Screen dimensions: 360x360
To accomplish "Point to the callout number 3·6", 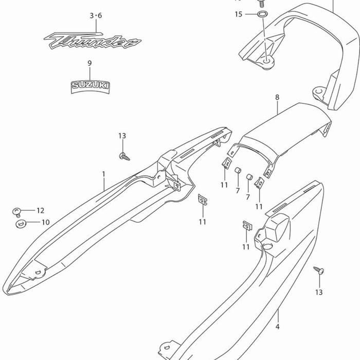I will coord(96,16).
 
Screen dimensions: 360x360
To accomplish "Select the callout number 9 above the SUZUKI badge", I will coord(89,63).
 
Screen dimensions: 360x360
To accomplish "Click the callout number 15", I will coord(238,14).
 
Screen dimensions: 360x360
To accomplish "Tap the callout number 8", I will coord(277,97).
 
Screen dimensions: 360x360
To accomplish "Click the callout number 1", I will coord(103,174).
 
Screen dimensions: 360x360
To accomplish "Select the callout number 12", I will coord(40,210).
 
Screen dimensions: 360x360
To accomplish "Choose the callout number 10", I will coord(45,223).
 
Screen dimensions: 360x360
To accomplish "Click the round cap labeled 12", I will coord(17,211).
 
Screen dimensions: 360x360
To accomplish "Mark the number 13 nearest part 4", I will coord(319,292).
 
